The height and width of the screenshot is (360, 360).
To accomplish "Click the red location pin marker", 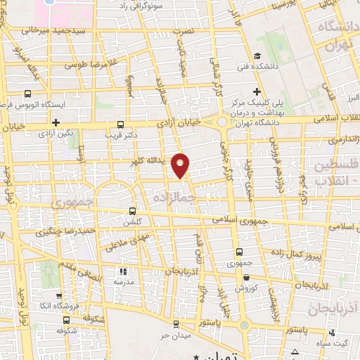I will tap(181, 165).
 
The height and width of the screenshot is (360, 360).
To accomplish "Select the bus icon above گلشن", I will tap(133, 211).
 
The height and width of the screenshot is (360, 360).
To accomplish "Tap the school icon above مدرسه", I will tap(122, 271).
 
